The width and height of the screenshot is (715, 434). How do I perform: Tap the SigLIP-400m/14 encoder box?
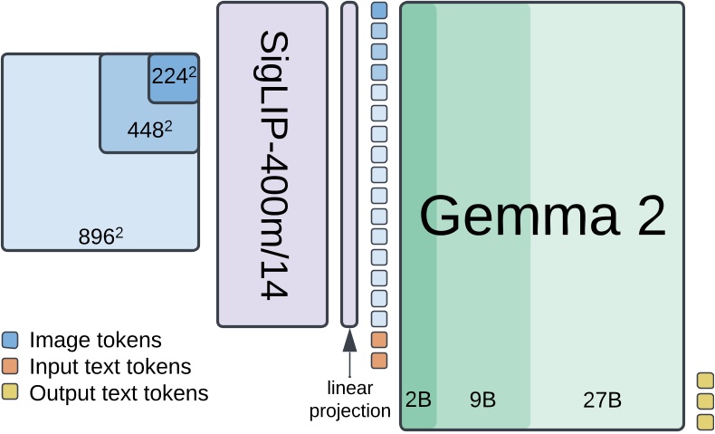tap(272, 163)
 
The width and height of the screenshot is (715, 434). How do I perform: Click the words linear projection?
tap(349, 400)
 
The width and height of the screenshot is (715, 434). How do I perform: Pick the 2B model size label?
tap(418, 400)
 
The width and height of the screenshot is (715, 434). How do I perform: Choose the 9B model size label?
tap(482, 400)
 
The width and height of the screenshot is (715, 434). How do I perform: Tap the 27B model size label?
tap(601, 400)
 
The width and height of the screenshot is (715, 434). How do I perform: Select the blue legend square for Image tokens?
tap(10, 341)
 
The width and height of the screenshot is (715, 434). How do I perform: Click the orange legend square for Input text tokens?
tap(10, 367)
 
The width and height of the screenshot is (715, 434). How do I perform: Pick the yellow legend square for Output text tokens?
tap(10, 393)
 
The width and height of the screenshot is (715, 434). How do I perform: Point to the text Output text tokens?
tap(119, 393)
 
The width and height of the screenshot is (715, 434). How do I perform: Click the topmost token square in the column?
tap(379, 11)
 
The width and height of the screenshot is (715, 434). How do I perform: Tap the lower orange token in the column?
tap(379, 360)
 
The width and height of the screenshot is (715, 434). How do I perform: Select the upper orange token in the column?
tap(379, 340)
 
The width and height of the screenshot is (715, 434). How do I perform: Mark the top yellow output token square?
tap(705, 381)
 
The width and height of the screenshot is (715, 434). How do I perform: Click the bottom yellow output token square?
tap(705, 421)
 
